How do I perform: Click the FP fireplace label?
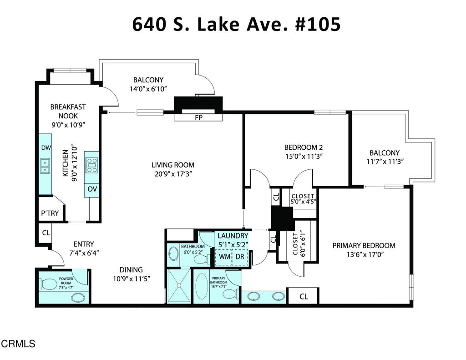point(198,117)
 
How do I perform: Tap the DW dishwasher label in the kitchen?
point(45,148)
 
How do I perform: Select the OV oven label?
point(91,189)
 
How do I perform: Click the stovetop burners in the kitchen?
point(91,165)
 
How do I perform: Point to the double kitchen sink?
point(45,166)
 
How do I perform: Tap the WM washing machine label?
point(224,257)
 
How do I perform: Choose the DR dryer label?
point(240,257)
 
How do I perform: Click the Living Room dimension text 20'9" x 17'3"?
point(173,173)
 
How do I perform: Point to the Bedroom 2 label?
point(303,147)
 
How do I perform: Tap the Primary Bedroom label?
point(364,245)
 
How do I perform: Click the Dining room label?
point(131,269)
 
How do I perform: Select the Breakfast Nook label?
point(68,112)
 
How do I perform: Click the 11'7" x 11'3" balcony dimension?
point(384,161)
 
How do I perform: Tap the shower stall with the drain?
point(178,286)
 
